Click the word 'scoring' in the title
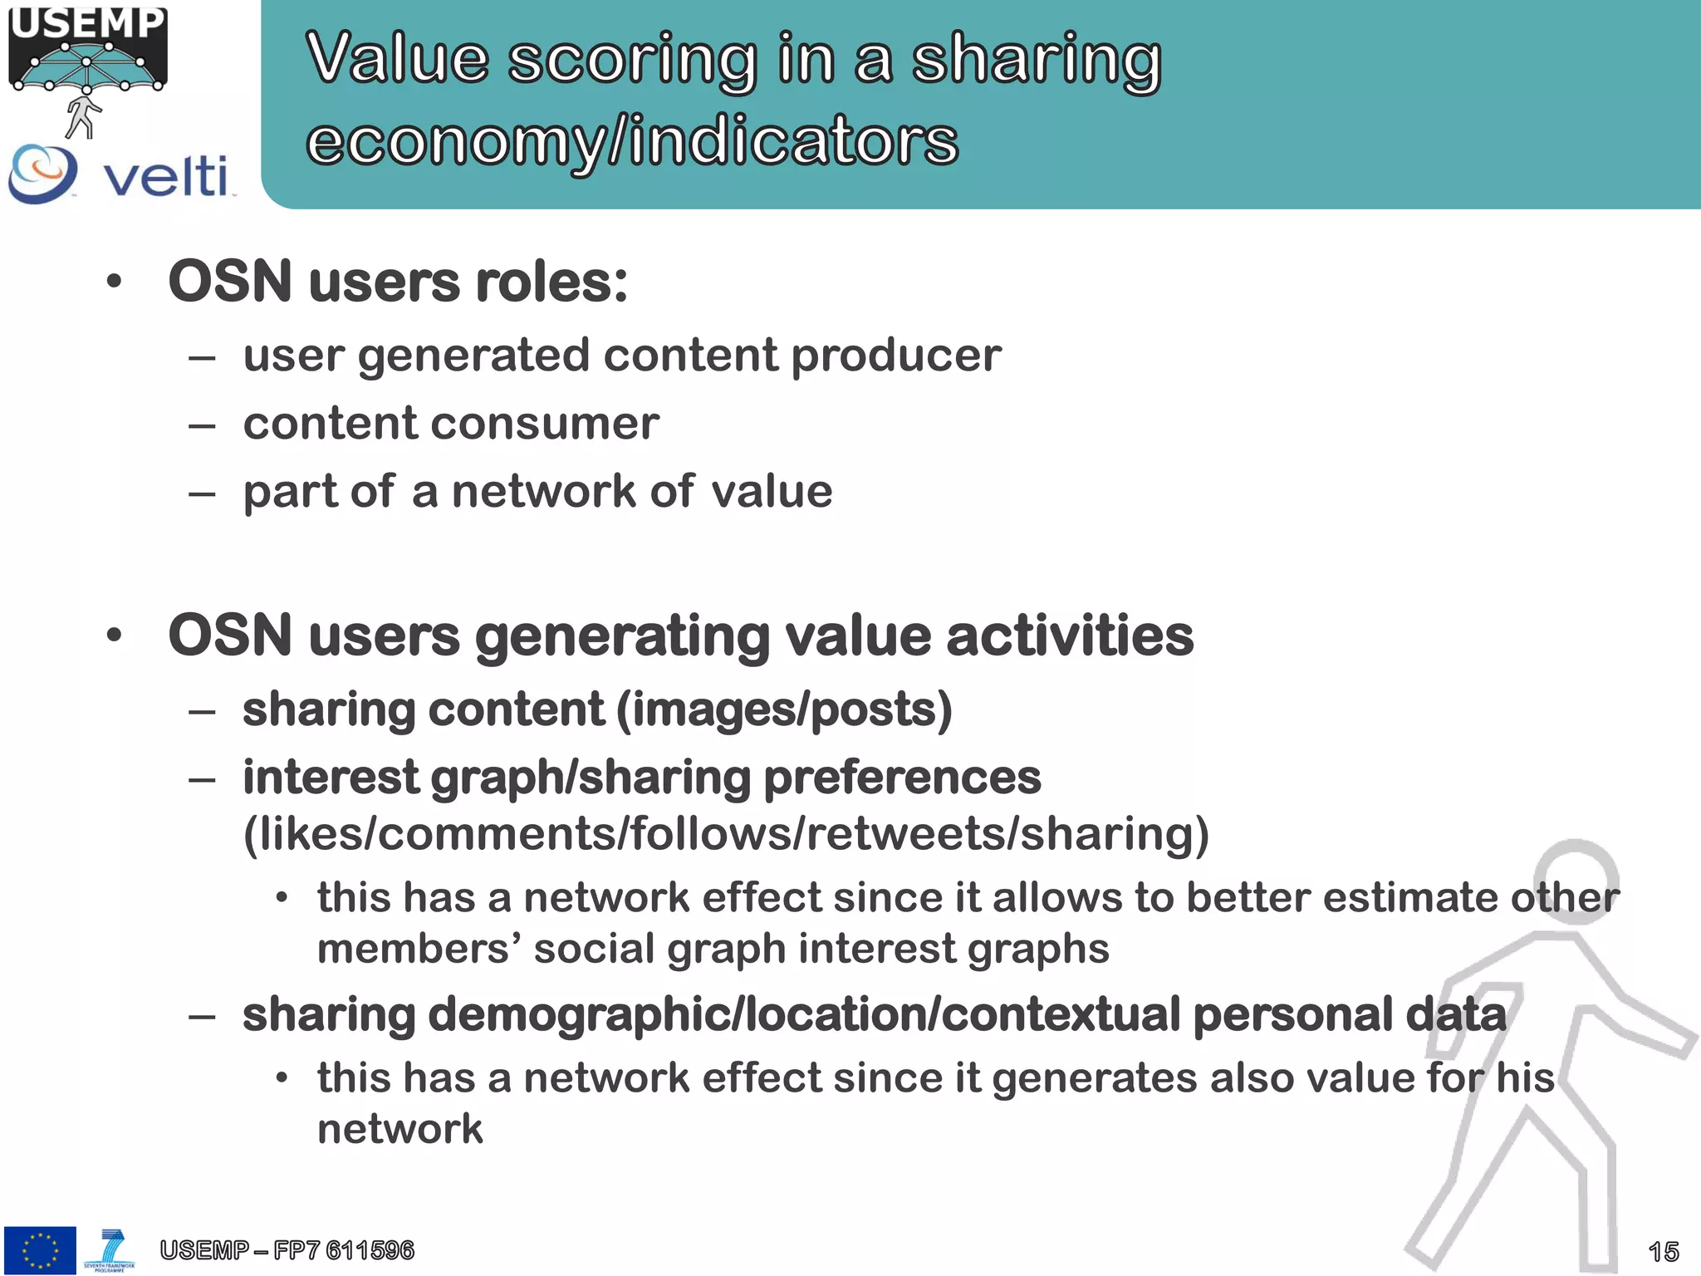coord(632,60)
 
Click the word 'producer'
coord(896,356)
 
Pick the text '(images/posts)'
coord(784,710)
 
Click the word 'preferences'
coord(902,778)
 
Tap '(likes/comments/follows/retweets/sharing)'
coord(726,834)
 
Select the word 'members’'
coord(419,949)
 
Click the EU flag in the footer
coord(40,1250)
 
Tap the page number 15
coord(1663,1251)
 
